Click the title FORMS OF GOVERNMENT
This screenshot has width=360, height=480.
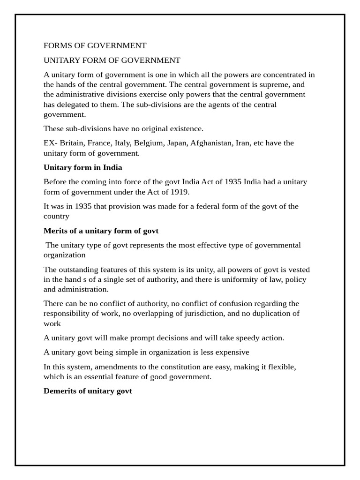(x=95, y=45)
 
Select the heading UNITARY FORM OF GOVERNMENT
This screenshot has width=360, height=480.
(x=112, y=60)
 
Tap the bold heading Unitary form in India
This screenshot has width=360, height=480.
(x=82, y=167)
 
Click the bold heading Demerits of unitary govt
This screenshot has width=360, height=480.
(x=88, y=390)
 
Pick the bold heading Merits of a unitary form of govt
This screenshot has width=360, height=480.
(x=101, y=231)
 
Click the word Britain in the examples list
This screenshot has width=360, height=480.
(x=73, y=143)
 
